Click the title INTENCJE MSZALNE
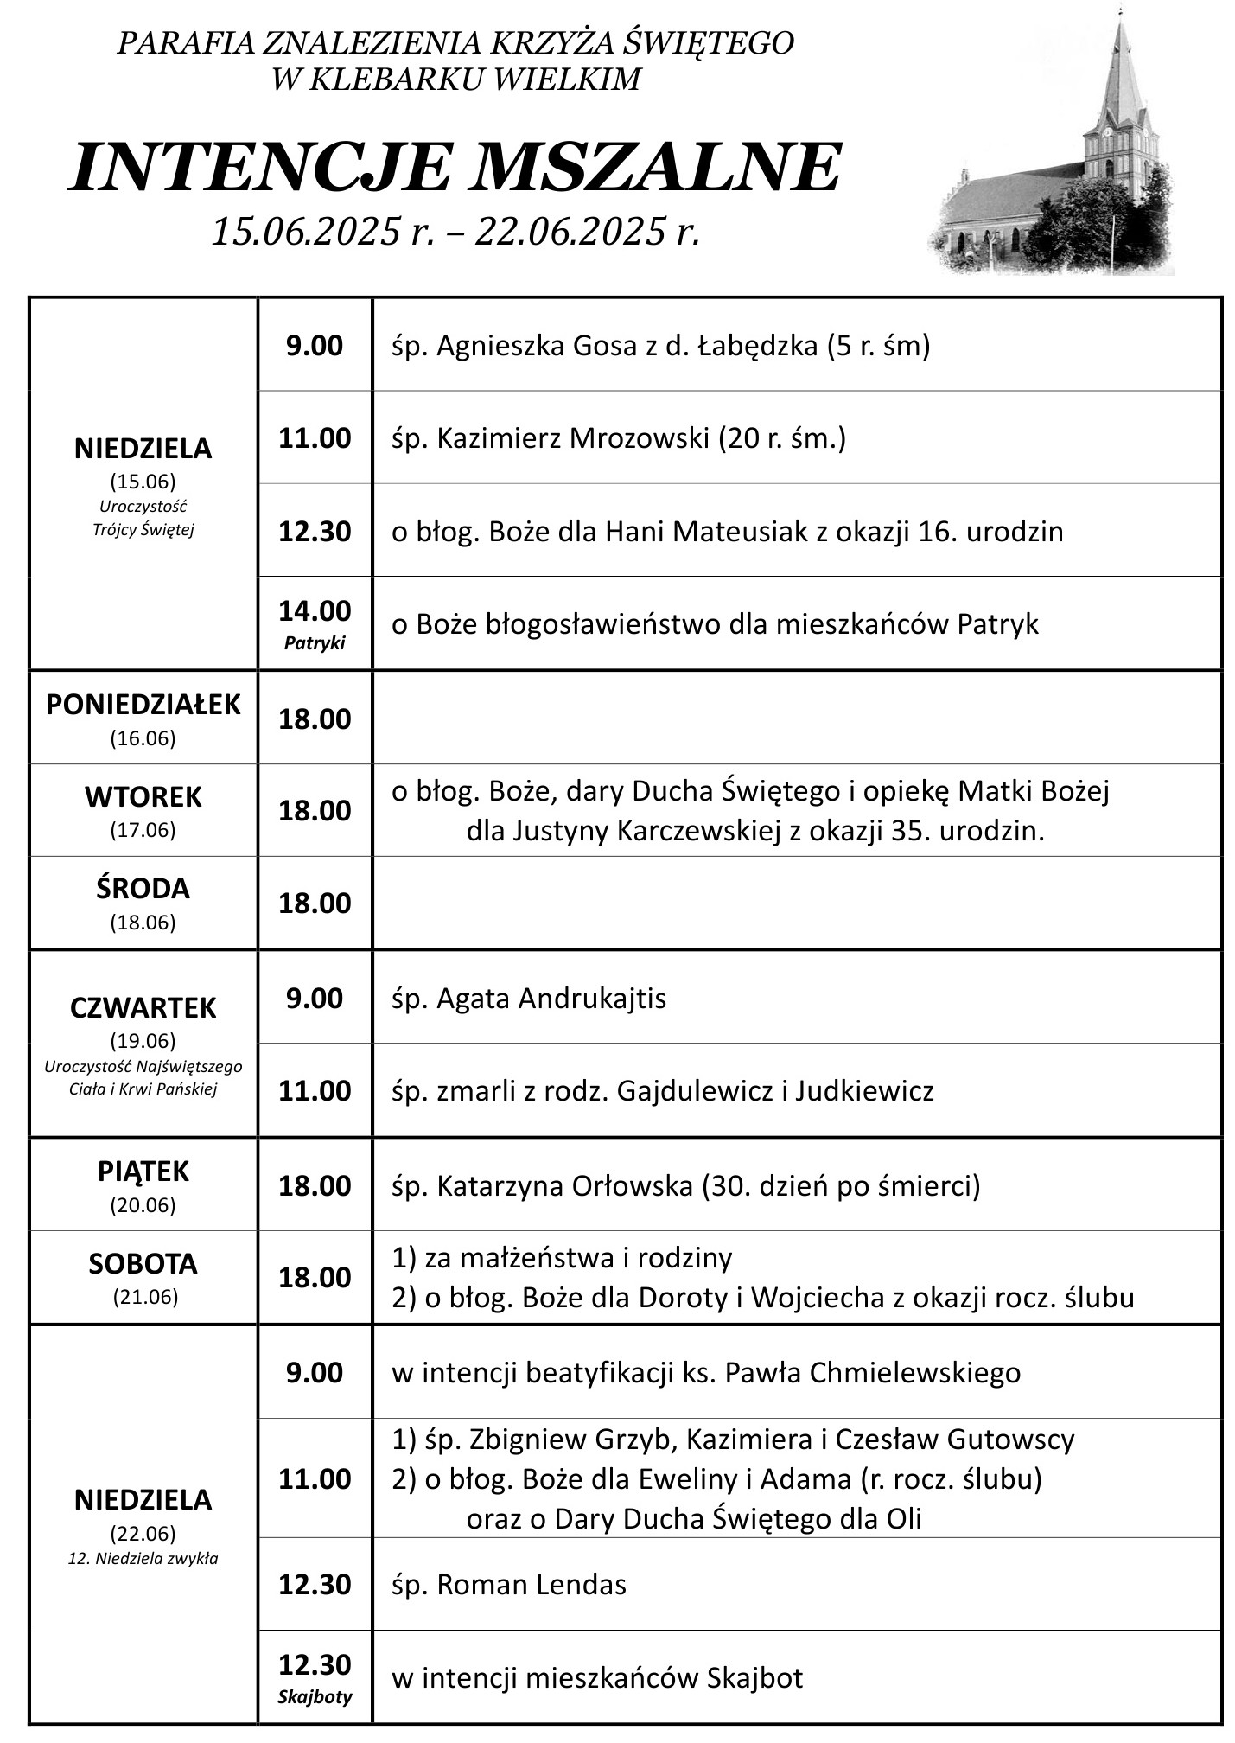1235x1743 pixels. point(455,167)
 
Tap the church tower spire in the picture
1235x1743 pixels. point(1120,52)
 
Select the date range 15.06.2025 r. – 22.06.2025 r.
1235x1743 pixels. point(455,231)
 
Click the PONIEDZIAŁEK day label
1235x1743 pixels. point(143,705)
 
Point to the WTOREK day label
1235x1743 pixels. point(143,796)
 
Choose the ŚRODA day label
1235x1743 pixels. point(143,889)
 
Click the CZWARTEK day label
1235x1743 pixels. point(143,1007)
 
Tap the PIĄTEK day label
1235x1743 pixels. point(143,1171)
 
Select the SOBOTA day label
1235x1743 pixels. point(143,1263)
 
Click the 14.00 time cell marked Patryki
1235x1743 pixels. point(315,622)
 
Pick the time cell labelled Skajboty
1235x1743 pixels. point(315,1676)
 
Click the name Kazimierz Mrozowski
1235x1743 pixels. point(572,438)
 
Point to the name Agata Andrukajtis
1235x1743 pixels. point(551,999)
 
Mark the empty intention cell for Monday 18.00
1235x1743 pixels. point(795,718)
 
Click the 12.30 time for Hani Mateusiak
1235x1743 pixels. point(315,531)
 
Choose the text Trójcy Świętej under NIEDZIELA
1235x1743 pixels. point(143,530)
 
